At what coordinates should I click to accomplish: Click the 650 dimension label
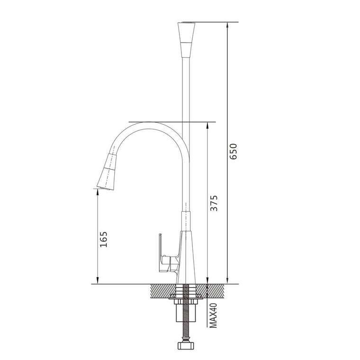[233, 151]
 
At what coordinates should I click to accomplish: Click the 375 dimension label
[214, 203]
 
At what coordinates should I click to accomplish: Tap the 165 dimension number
[104, 239]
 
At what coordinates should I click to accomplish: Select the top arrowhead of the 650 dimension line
[227, 25]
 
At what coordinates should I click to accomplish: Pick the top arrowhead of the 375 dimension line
[207, 125]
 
